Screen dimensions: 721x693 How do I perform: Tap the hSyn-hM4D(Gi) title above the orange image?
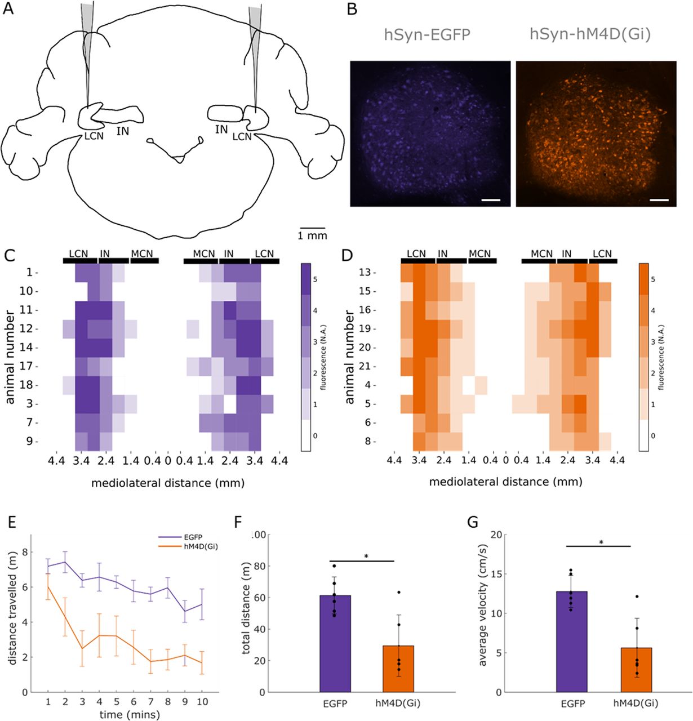590,35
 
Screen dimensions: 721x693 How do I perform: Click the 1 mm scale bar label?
312,235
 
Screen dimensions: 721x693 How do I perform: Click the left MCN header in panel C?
142,254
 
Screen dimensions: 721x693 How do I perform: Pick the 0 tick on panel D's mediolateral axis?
506,461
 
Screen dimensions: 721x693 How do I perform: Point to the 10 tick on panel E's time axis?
202,702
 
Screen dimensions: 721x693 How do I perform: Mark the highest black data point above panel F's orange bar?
398,593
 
